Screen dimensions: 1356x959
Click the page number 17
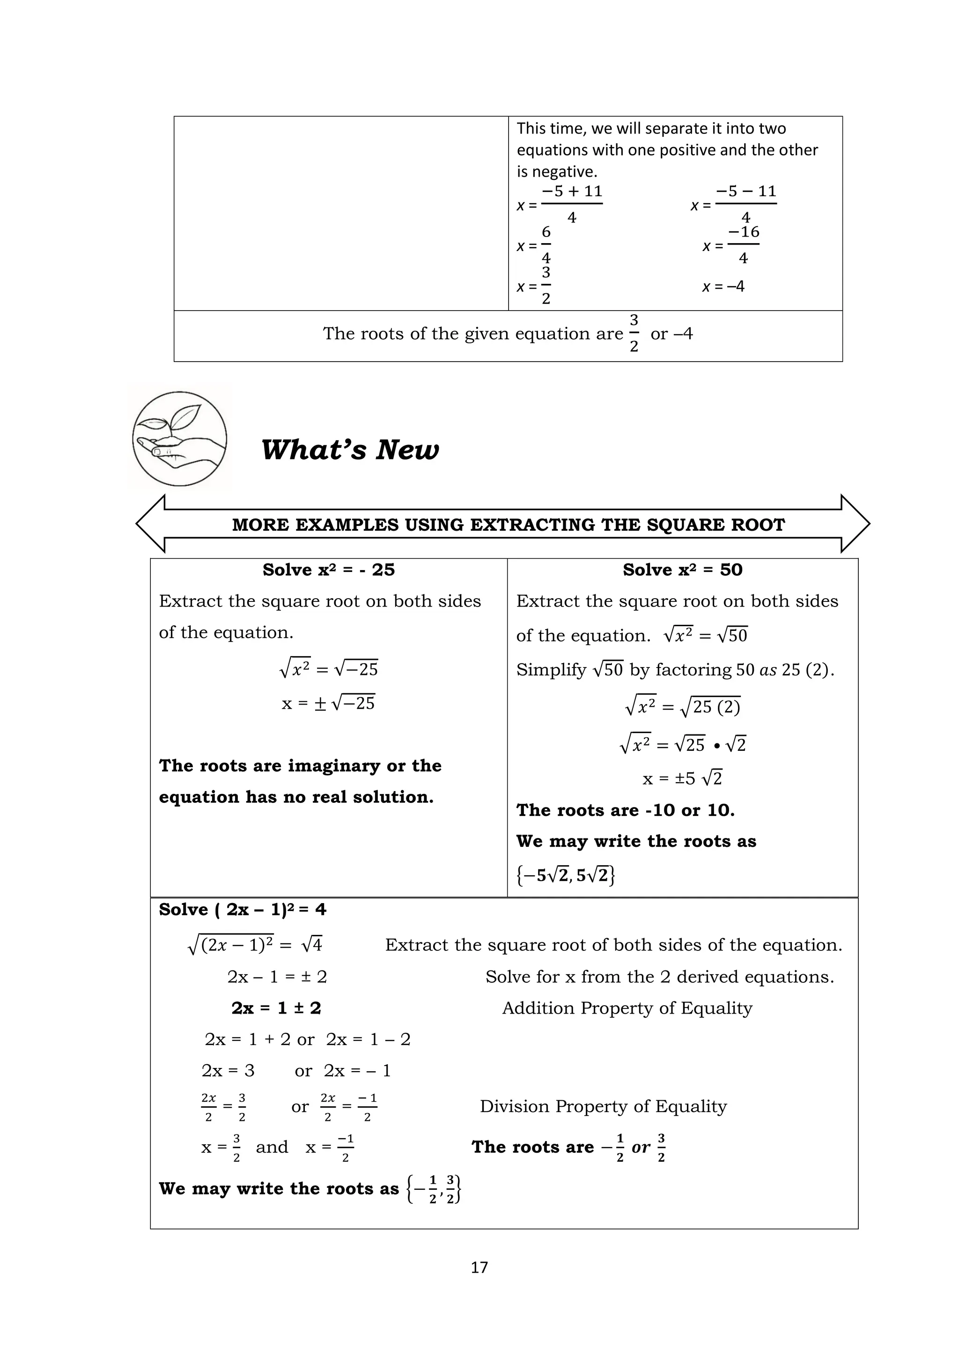pos(479,1267)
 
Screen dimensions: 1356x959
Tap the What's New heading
pos(350,450)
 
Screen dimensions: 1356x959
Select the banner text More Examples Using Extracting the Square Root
pos(508,525)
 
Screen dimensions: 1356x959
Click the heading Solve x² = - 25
pos(328,570)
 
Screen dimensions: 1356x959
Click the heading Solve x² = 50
pos(682,570)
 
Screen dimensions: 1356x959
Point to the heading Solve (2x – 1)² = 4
pos(242,909)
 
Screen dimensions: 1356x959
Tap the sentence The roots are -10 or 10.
pos(625,810)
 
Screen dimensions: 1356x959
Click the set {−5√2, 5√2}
pos(565,874)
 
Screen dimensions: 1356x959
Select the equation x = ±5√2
pos(682,778)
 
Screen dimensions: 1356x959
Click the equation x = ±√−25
pos(328,703)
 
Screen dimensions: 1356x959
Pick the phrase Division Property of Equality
pos(603,1106)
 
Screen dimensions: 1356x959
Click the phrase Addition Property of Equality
pos(627,1008)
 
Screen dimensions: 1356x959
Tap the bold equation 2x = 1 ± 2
pos(276,1008)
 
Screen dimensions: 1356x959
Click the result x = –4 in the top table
pos(723,287)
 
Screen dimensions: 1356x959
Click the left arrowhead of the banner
pos(150,523)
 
